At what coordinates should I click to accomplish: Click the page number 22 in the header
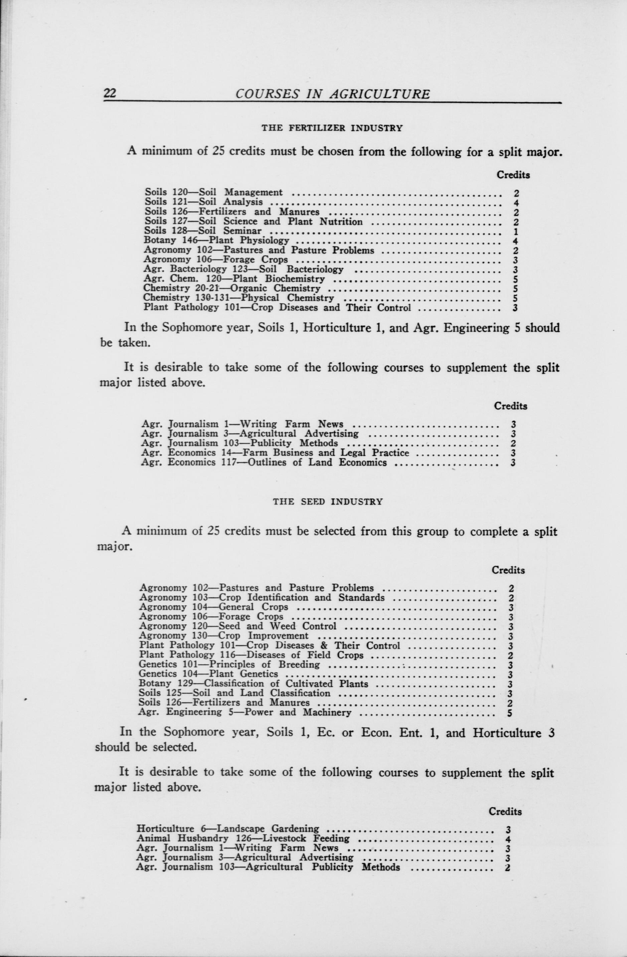tap(110, 93)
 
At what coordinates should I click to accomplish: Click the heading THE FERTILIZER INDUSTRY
tap(332, 128)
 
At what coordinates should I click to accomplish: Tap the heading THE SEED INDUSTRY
tap(328, 502)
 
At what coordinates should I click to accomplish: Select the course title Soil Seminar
tap(243, 231)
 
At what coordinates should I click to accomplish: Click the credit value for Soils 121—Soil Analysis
tap(516, 202)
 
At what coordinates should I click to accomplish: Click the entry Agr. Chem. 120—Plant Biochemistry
tap(234, 279)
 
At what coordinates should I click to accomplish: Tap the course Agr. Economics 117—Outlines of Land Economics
tap(264, 462)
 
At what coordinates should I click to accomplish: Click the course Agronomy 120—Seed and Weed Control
tap(238, 626)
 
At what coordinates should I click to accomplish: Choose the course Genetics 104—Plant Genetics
tap(208, 674)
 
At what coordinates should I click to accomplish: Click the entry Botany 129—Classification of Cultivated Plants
tap(253, 684)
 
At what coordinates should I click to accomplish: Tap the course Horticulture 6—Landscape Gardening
tap(228, 829)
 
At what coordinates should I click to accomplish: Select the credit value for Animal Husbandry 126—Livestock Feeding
tap(508, 839)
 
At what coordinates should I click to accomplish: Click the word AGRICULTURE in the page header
tap(379, 94)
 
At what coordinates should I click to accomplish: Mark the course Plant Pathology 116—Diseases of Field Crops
tap(251, 655)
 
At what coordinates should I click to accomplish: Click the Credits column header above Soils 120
tap(513, 175)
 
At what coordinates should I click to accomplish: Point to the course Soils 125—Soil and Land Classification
tap(234, 693)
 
